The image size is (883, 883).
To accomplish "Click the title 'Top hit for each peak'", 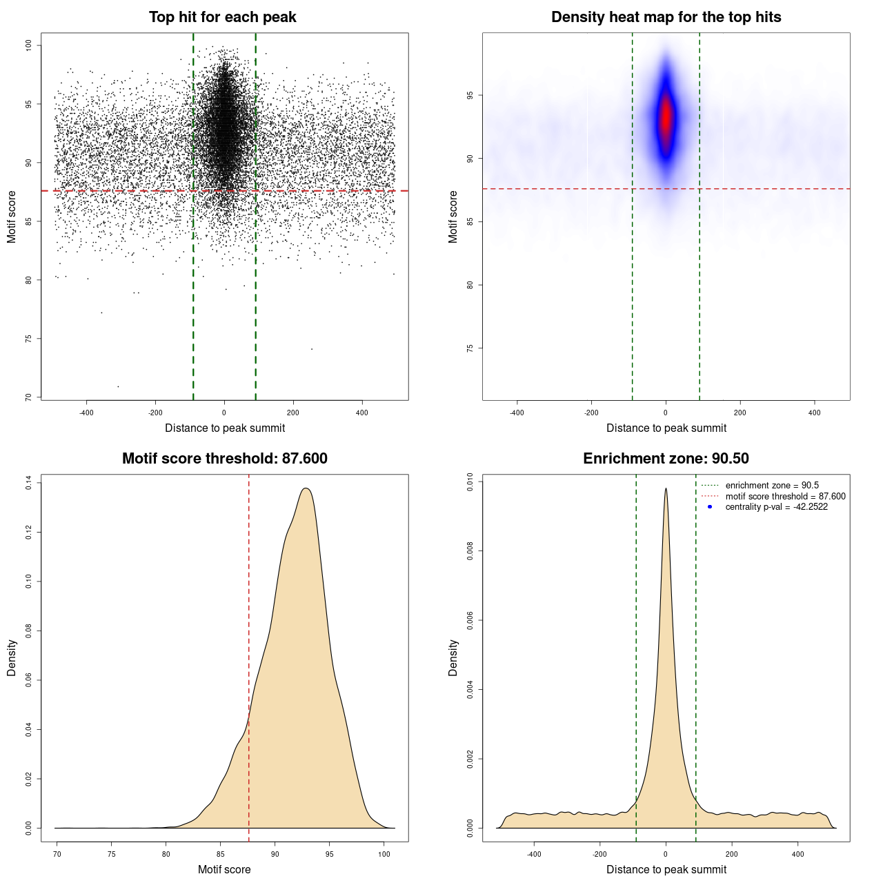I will (222, 17).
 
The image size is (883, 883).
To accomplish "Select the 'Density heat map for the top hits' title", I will (666, 17).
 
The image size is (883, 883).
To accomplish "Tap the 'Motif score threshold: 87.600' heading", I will (224, 459).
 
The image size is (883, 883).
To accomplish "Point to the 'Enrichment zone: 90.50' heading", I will (666, 459).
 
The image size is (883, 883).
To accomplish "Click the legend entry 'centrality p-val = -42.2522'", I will (776, 507).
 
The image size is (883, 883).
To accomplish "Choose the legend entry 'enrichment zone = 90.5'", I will (772, 486).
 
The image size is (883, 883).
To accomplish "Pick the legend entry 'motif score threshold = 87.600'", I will (785, 497).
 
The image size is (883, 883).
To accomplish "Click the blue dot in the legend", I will (710, 507).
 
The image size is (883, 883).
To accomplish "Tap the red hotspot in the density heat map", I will (666, 119).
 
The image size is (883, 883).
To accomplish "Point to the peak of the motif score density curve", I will (306, 488).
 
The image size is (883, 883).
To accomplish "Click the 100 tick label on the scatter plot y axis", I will (28, 45).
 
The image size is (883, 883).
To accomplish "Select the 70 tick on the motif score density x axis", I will (57, 854).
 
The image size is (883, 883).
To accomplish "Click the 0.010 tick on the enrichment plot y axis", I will (470, 482).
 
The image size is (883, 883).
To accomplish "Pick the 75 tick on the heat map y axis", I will (470, 348).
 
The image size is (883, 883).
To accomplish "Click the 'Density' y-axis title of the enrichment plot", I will (453, 657).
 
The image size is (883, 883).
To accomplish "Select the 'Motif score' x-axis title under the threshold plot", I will (224, 870).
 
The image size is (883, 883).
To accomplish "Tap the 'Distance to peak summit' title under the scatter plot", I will (225, 428).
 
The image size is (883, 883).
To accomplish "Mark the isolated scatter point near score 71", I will (118, 386).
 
